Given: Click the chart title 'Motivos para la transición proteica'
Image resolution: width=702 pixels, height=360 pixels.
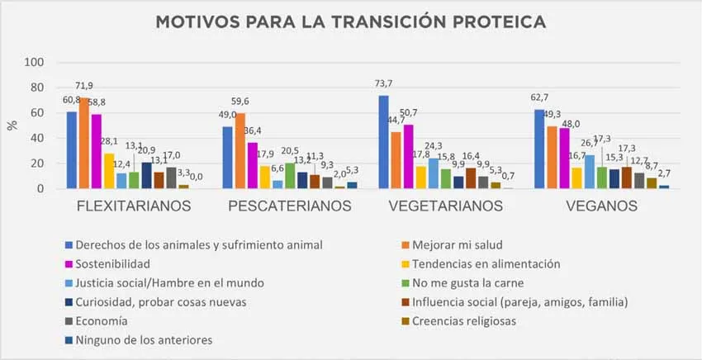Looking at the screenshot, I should pos(350,21).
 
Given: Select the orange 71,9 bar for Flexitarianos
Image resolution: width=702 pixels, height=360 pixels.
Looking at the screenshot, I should pos(84,144).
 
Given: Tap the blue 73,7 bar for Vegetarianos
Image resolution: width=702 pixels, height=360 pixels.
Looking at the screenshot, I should pos(383,142).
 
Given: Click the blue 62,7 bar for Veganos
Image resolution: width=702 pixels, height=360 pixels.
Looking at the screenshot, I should pos(538,149).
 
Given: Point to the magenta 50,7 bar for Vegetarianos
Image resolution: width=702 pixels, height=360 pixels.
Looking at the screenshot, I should pos(408,157).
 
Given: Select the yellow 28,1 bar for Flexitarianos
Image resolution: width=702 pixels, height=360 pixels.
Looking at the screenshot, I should pos(109,171).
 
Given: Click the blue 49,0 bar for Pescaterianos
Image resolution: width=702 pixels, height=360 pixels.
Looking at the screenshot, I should pos(227,158).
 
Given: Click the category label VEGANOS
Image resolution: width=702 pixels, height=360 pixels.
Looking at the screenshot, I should pos(591,206).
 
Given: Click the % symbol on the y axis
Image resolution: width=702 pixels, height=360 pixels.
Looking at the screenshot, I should pos(12,125).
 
